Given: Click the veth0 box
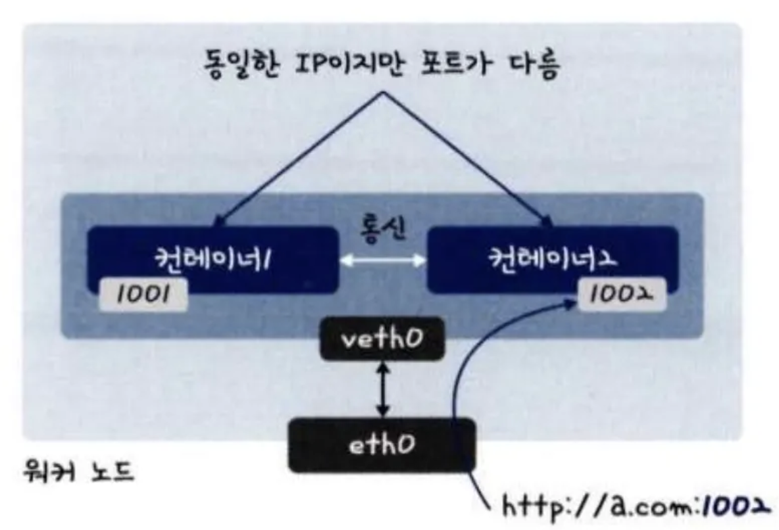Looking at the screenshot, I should [x=381, y=341].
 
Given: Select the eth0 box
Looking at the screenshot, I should [x=382, y=445].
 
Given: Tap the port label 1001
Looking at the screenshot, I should [x=142, y=297].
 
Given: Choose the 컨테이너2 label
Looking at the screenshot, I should [x=553, y=256].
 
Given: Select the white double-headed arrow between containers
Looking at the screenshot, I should [x=382, y=260].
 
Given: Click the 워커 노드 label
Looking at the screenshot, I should [x=78, y=473].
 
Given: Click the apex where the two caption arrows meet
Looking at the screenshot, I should [x=382, y=92].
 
